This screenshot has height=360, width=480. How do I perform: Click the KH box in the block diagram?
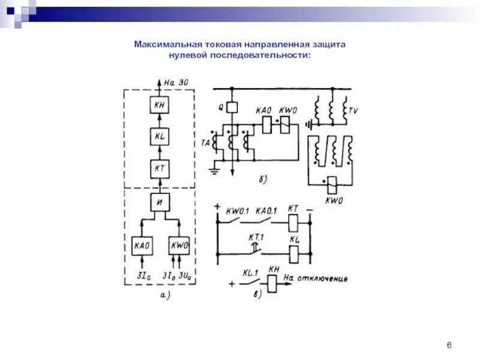(160, 106)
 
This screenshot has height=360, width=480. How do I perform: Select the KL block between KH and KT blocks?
(160, 137)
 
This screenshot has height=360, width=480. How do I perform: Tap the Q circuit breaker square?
(234, 107)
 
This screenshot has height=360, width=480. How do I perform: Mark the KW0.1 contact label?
(238, 211)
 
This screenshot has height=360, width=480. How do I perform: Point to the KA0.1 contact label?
(266, 211)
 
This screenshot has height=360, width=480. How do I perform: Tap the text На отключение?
(316, 278)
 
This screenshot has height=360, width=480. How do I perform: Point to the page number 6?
(449, 344)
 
